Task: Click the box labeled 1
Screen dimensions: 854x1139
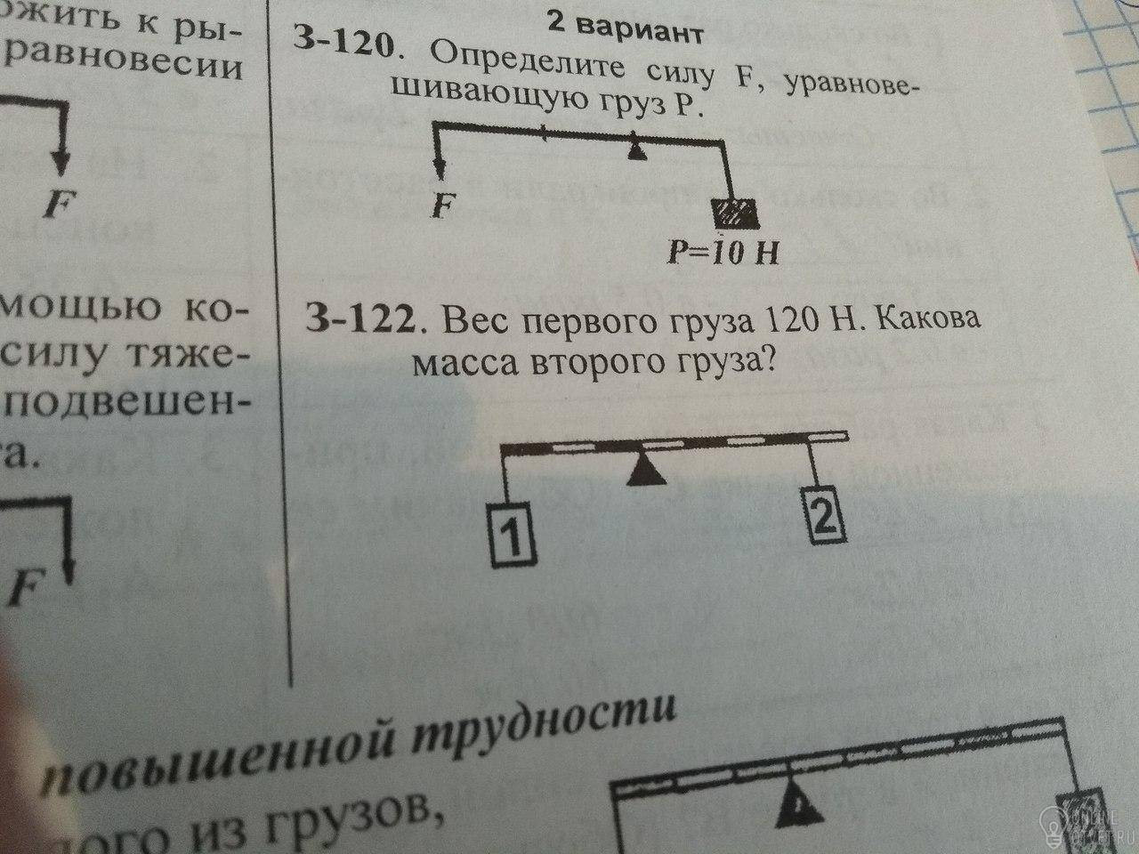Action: click(513, 536)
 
